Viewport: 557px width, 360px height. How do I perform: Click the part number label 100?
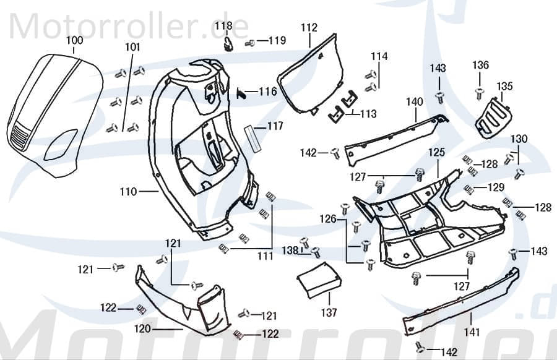pos(74,40)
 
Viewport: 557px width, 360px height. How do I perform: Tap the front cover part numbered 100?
pos(56,111)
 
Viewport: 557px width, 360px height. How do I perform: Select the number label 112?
pos(309,27)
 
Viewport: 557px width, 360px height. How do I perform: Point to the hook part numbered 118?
pos(228,44)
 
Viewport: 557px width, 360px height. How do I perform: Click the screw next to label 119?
pos(250,43)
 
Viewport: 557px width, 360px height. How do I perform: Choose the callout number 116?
pos(267,92)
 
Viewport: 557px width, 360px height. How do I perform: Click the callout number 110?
pos(128,192)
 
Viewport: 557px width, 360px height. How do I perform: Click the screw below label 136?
pos(479,93)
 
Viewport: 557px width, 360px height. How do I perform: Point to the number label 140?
pos(415,102)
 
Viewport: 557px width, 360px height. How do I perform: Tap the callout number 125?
pos(437,152)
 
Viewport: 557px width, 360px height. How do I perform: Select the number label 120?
pos(143,329)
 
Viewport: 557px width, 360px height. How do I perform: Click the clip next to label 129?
pos(470,189)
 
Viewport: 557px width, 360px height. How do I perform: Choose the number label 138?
pos(290,251)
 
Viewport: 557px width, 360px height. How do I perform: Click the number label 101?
pos(132,47)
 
